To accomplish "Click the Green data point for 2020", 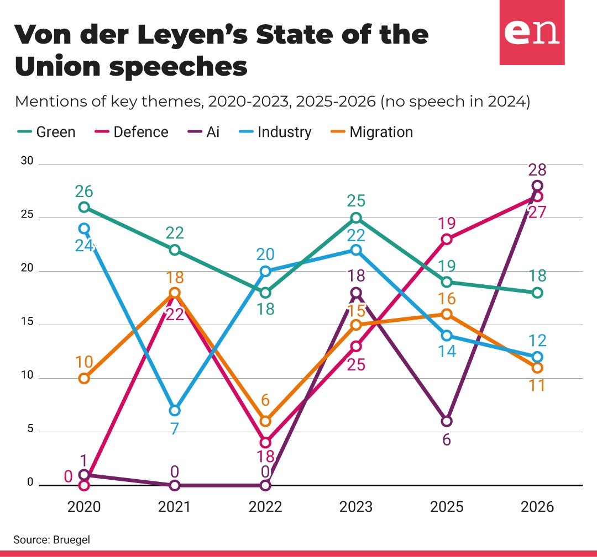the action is click(x=84, y=207).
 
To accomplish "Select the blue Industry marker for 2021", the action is click(x=175, y=411).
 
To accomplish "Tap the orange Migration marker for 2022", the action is click(x=265, y=421).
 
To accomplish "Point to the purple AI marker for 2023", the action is click(x=356, y=293).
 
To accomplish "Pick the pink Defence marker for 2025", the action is click(x=447, y=239).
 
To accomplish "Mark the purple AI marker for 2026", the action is click(x=537, y=185).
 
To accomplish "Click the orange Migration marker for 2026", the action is click(x=537, y=368).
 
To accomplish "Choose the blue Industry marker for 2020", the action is click(x=84, y=229).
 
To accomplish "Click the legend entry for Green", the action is click(x=46, y=132).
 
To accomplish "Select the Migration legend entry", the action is click(x=371, y=132).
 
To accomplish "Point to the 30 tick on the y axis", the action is click(x=27, y=161).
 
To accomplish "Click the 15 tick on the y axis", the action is click(x=27, y=321).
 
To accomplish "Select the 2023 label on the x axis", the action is click(x=356, y=507).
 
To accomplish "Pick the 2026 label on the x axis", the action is click(x=537, y=507).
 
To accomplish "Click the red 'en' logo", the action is click(x=532, y=33).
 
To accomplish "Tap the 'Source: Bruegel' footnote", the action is click(x=52, y=539).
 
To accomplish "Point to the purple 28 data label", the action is click(x=537, y=170).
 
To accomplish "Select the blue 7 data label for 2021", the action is click(x=174, y=429).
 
